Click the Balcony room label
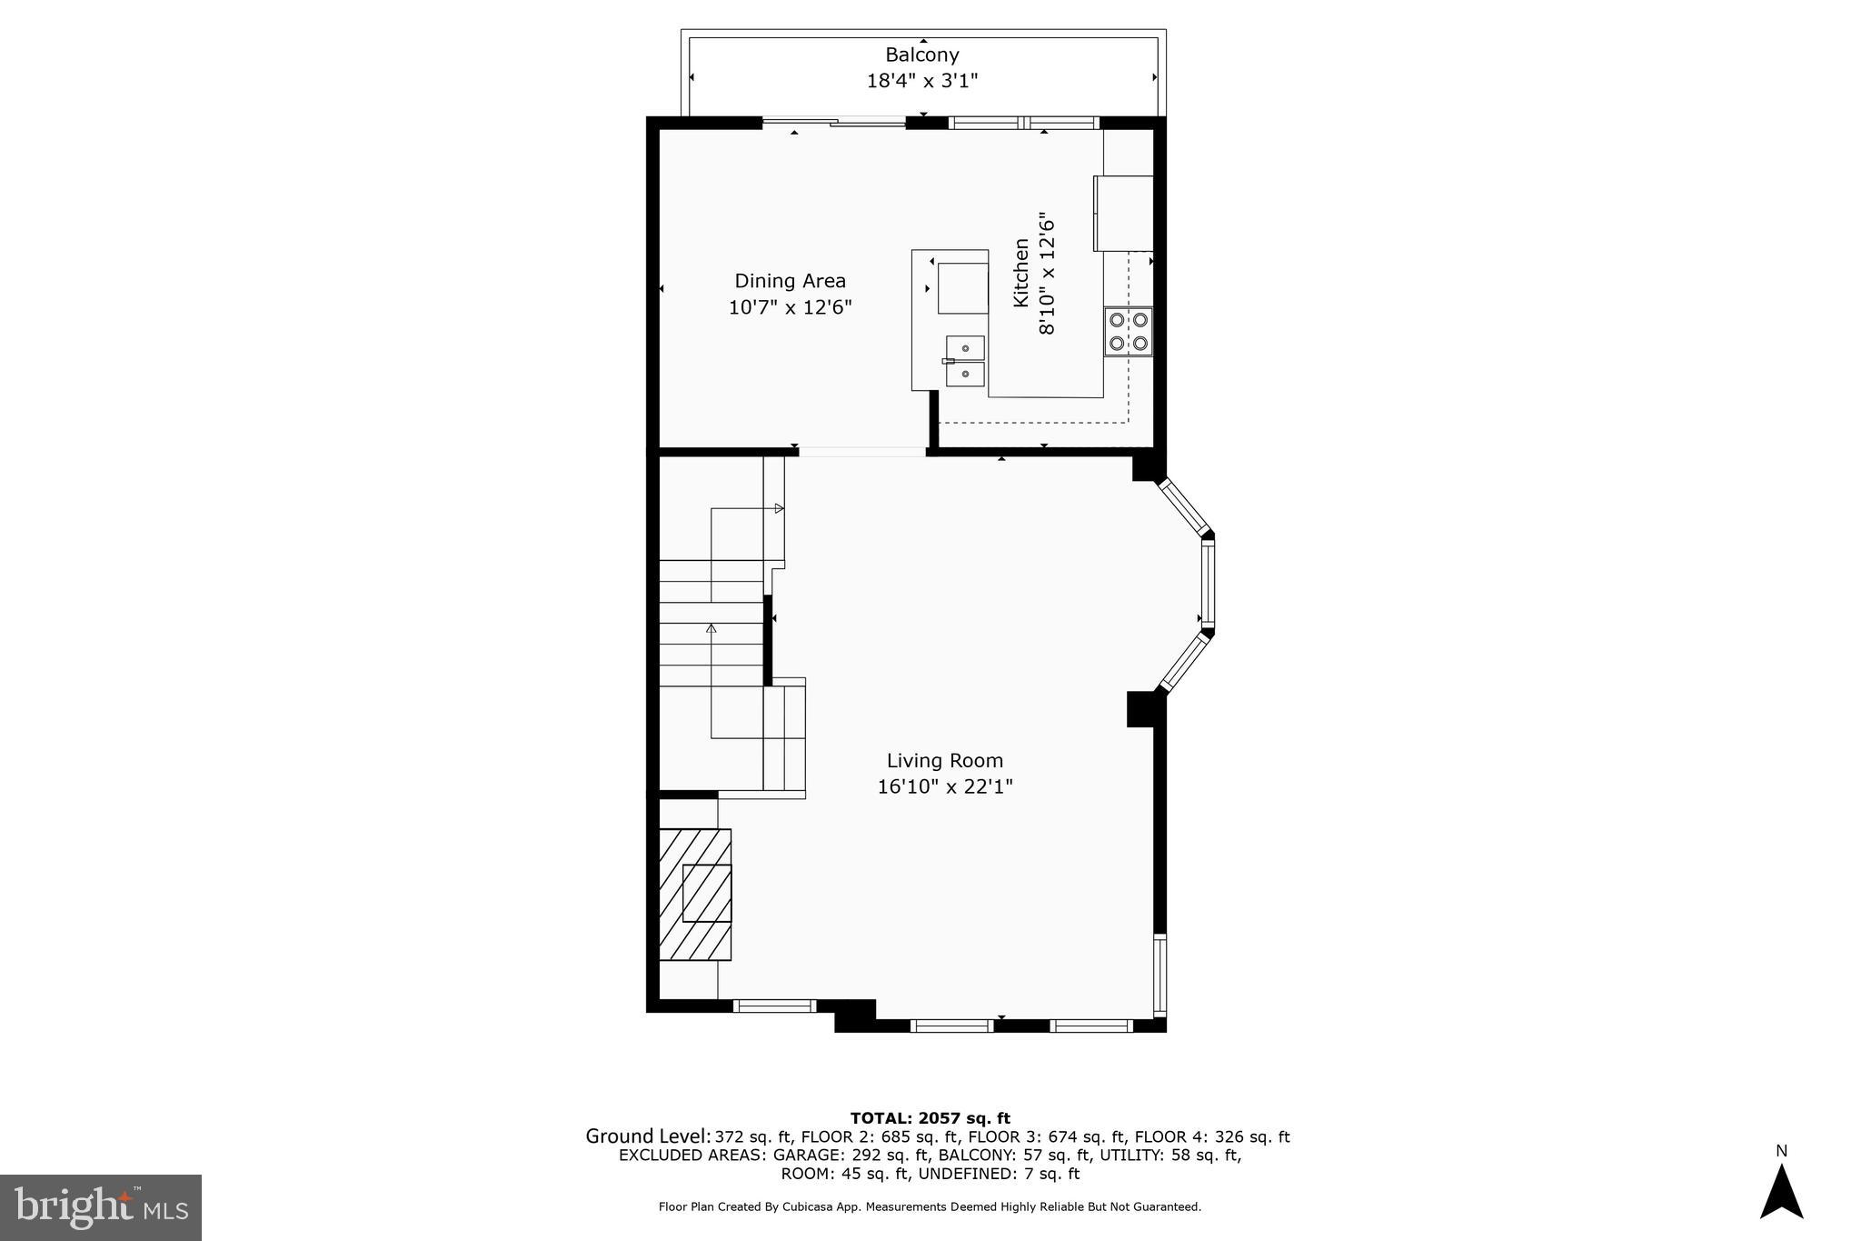922,55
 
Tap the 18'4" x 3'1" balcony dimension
922,81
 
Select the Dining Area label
790,281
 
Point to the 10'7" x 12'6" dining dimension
790,307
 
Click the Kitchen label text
1021,273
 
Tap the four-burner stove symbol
1128,332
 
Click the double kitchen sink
965,361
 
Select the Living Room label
945,760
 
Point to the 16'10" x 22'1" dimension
945,786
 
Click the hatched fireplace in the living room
695,894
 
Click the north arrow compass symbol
1781,1193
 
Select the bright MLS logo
101,1206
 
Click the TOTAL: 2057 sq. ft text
930,1118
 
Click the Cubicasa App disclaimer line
930,1207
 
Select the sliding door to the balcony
833,122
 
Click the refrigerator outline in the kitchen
1124,214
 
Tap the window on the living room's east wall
1159,974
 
